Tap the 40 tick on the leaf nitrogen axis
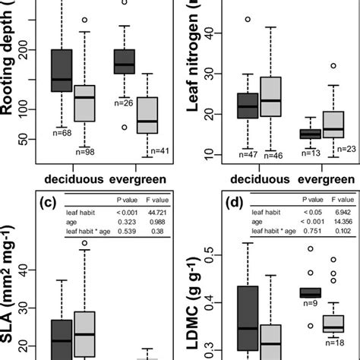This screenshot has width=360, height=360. tap(208, 33)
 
